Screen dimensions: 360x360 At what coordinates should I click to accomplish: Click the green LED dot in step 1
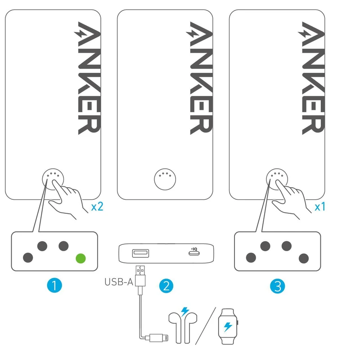pos(81,258)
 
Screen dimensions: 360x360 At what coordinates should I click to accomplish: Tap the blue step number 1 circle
pos(54,285)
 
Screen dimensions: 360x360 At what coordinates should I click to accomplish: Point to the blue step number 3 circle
pos(277,285)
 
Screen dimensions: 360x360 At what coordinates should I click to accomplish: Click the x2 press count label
pos(97,207)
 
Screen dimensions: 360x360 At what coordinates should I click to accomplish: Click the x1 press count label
pos(320,207)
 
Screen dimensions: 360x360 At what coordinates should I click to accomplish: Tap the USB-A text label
pos(118,283)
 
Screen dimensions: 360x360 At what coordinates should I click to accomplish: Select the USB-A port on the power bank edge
pos(138,253)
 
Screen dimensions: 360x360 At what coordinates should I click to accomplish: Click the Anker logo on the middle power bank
pos(199,78)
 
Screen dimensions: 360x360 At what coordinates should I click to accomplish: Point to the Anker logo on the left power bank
pos(87,78)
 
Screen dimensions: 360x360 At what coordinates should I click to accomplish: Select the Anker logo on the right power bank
pos(311,78)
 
